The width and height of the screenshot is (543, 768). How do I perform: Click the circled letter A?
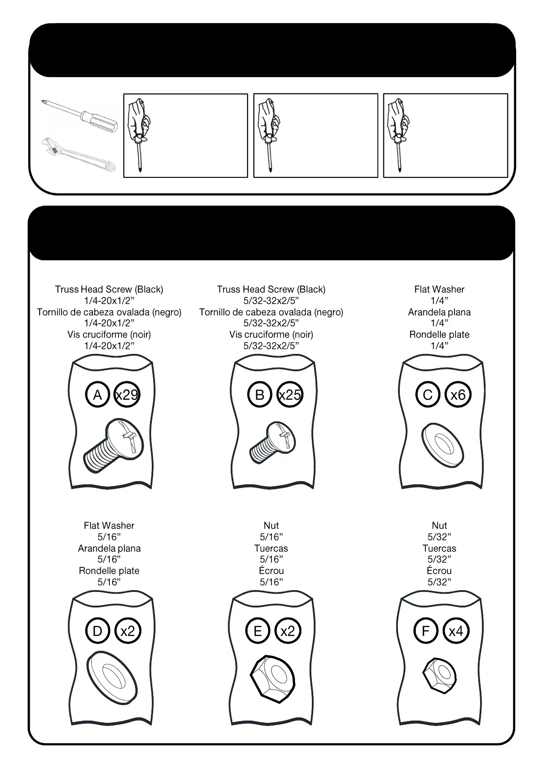click(97, 394)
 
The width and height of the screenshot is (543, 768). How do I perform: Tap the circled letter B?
click(259, 394)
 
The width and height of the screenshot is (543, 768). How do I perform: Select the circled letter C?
click(428, 394)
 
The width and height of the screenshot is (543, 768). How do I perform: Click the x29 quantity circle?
click(127, 394)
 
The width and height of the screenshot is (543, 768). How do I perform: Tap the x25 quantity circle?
click(290, 394)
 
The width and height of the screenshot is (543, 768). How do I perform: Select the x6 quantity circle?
click(458, 394)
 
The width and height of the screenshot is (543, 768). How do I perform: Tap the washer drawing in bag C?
click(442, 445)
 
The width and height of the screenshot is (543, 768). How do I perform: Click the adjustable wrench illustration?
click(78, 154)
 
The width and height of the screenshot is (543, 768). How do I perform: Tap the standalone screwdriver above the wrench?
click(78, 113)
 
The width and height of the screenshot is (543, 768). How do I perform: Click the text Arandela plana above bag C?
click(439, 312)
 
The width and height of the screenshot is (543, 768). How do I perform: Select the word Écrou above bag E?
click(271, 571)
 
